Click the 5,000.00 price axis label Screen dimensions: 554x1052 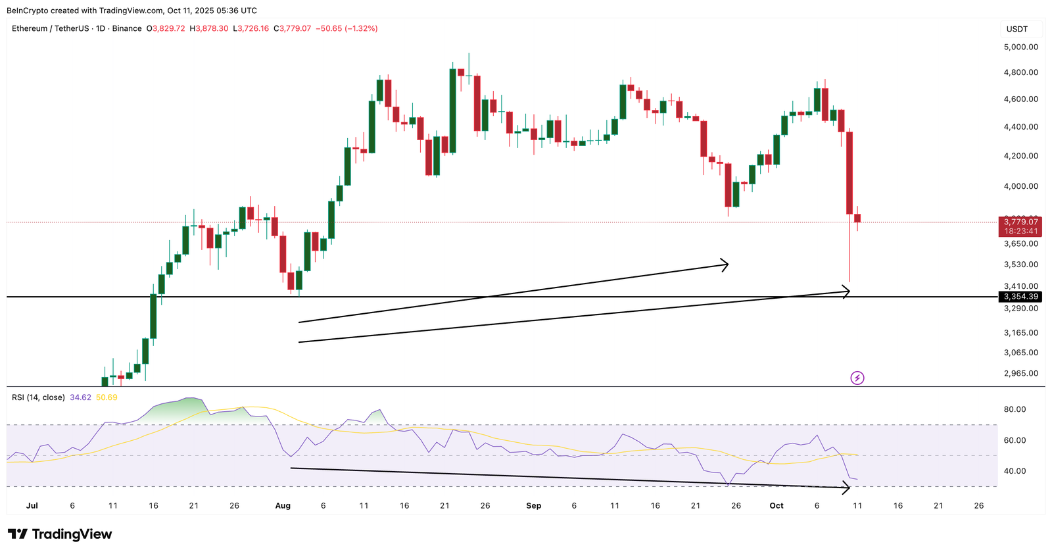coord(1020,47)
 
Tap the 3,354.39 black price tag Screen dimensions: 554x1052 coord(1020,297)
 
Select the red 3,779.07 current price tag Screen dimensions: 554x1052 coord(1020,222)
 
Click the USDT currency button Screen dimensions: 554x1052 coord(1017,29)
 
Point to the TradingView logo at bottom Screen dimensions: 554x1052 coord(60,534)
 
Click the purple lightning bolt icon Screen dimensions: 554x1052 coord(857,378)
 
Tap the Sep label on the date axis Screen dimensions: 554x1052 coord(534,506)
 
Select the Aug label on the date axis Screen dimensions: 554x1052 coord(283,506)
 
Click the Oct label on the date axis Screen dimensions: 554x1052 coord(777,506)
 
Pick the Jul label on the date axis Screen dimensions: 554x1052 coord(32,506)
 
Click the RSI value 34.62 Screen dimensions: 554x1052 coord(80,397)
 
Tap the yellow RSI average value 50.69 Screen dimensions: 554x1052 coord(107,397)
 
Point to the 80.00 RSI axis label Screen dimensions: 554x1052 coord(1015,409)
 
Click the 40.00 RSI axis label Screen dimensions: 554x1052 coord(1015,471)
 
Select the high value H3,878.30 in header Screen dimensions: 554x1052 coord(209,28)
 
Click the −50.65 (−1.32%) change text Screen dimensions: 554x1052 coord(347,28)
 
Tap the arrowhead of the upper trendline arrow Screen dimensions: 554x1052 coord(725,264)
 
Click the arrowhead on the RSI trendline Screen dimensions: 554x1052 coord(847,488)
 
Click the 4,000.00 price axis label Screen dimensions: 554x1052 coord(1020,186)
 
